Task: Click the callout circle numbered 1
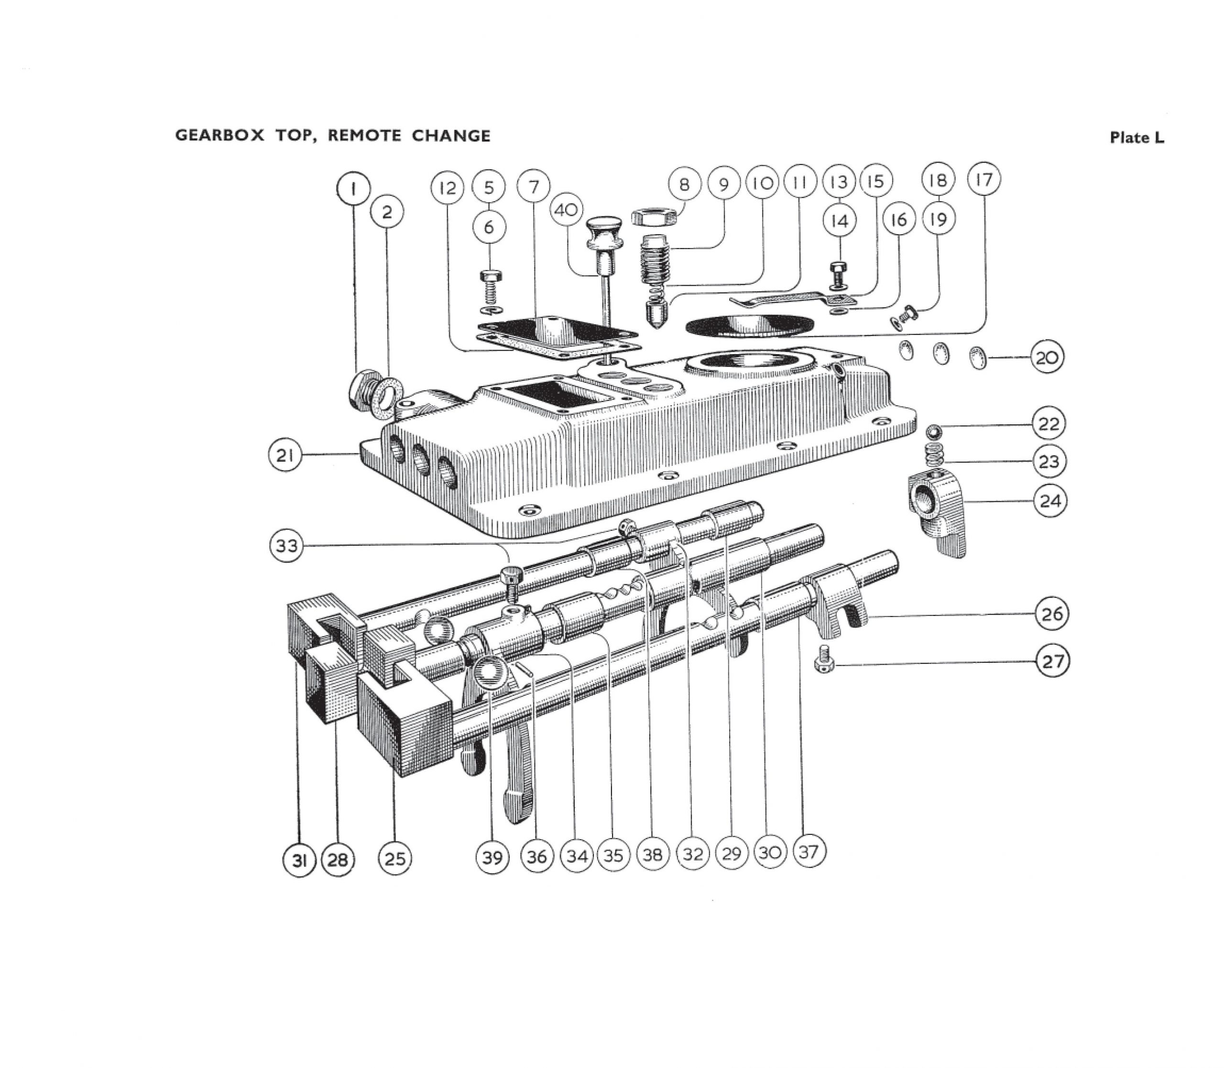[353, 189]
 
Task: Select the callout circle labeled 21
[284, 455]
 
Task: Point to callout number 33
[287, 545]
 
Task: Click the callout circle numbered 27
[1052, 661]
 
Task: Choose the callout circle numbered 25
[394, 858]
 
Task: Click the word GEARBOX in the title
[219, 136]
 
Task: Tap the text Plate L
[1137, 138]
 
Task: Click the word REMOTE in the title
[364, 136]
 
